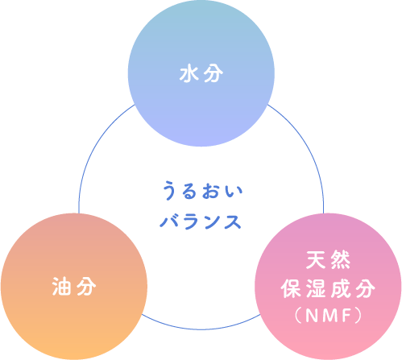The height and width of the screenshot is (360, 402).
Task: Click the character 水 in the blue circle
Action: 189,74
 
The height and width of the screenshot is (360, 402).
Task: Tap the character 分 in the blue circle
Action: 213,74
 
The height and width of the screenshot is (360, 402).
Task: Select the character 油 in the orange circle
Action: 61,287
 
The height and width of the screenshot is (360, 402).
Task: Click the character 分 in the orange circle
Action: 86,287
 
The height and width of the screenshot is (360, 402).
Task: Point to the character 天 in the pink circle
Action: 316,259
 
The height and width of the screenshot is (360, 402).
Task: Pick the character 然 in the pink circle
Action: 340,259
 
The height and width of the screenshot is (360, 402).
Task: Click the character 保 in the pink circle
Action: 291,288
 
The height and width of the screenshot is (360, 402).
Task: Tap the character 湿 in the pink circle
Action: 315,288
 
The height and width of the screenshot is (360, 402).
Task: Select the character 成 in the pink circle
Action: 340,288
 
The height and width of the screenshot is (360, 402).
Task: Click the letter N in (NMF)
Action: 311,316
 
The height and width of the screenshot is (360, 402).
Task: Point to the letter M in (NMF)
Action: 329,316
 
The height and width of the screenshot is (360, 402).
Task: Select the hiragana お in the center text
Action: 211,191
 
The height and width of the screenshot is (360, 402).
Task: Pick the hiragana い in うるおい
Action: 234,192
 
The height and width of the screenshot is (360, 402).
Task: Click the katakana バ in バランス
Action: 169,221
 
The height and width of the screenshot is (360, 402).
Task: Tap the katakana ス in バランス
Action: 233,221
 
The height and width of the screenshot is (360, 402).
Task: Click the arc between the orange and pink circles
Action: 201,329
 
